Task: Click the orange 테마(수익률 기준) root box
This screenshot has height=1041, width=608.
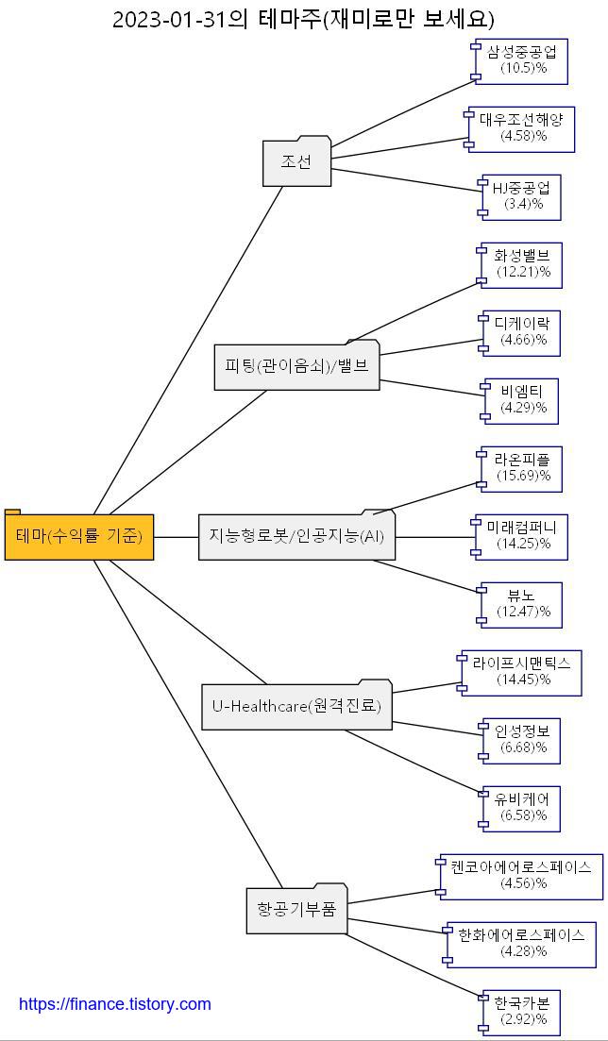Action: (79, 537)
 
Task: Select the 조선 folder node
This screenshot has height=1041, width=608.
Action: (296, 162)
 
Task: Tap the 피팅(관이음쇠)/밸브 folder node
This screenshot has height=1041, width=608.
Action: (296, 366)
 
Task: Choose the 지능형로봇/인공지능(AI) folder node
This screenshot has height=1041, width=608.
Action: (296, 536)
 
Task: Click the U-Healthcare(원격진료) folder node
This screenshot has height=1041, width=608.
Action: (296, 706)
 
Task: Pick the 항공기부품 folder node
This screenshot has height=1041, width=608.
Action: (296, 910)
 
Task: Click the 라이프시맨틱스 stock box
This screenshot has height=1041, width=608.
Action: (522, 672)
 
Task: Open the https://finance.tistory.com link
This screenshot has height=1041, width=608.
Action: (115, 1004)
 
